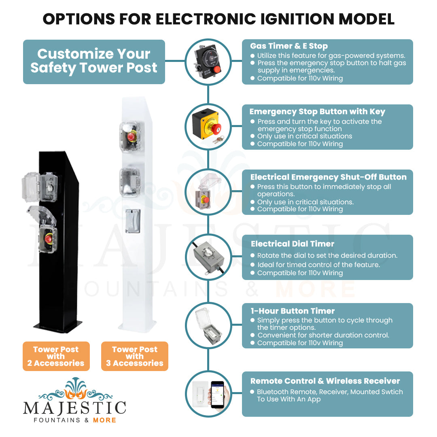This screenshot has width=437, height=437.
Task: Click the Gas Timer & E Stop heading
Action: click(x=289, y=46)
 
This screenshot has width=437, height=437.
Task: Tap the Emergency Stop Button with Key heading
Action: click(x=317, y=112)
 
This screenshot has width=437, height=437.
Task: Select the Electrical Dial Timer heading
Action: click(x=293, y=244)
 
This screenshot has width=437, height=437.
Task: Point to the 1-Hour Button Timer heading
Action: click(x=293, y=311)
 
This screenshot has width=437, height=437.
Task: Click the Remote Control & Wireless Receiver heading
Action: click(x=325, y=381)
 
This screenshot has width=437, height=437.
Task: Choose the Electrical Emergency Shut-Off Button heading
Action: click(x=328, y=177)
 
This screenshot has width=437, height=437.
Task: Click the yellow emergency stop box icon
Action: click(x=208, y=125)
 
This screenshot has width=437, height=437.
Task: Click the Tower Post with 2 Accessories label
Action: click(x=56, y=356)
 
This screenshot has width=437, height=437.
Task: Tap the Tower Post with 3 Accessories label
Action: click(x=134, y=356)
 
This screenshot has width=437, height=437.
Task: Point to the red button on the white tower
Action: click(x=131, y=137)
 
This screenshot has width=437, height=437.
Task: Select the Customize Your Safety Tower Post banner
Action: click(x=94, y=62)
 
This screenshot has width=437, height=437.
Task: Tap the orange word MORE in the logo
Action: click(x=104, y=420)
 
